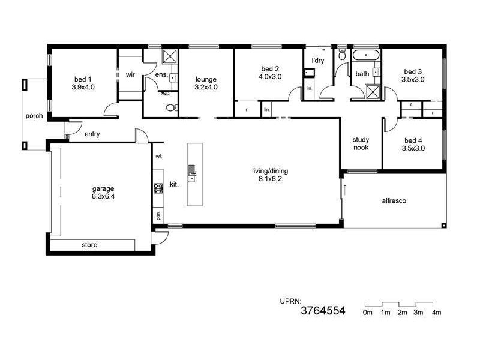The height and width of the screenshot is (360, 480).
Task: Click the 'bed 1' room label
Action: point(83,79)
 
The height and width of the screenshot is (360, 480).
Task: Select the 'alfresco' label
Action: point(394,201)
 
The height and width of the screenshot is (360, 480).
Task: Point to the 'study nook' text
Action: point(361,143)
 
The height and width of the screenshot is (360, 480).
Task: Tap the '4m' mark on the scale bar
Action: point(437,313)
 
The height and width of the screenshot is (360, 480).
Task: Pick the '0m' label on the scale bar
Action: point(368,313)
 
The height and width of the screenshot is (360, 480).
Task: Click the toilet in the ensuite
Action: point(171,108)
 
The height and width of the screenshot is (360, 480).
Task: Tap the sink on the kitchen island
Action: point(192,176)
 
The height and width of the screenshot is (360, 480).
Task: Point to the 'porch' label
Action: point(34,116)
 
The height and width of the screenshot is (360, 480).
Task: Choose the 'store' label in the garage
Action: point(89,245)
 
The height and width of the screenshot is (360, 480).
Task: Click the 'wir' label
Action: point(130,75)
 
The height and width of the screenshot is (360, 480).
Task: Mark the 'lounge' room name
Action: point(206,79)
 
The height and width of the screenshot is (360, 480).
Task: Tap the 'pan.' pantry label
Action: point(158,214)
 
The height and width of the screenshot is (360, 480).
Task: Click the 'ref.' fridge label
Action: point(158,156)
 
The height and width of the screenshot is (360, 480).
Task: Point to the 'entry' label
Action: point(92,134)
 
